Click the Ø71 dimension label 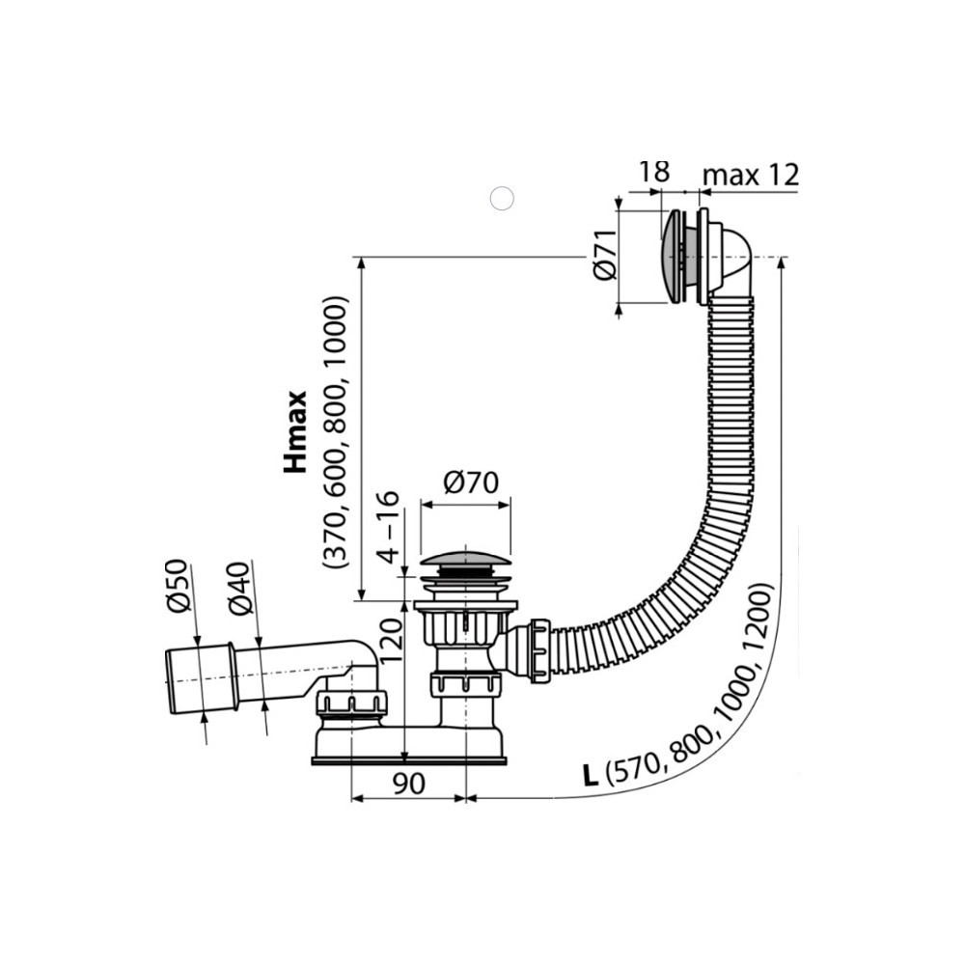pos(606,255)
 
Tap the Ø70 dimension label pos(471,483)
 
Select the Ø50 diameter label pos(177,586)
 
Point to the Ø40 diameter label pos(240,589)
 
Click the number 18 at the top pos(653,172)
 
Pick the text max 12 pos(751,176)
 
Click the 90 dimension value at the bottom pos(408,784)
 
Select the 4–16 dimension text pos(389,528)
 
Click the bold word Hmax pos(295,432)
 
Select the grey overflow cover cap pos(671,258)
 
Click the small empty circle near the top pos(502,198)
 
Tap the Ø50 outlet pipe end pos(201,677)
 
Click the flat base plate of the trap pos(408,760)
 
